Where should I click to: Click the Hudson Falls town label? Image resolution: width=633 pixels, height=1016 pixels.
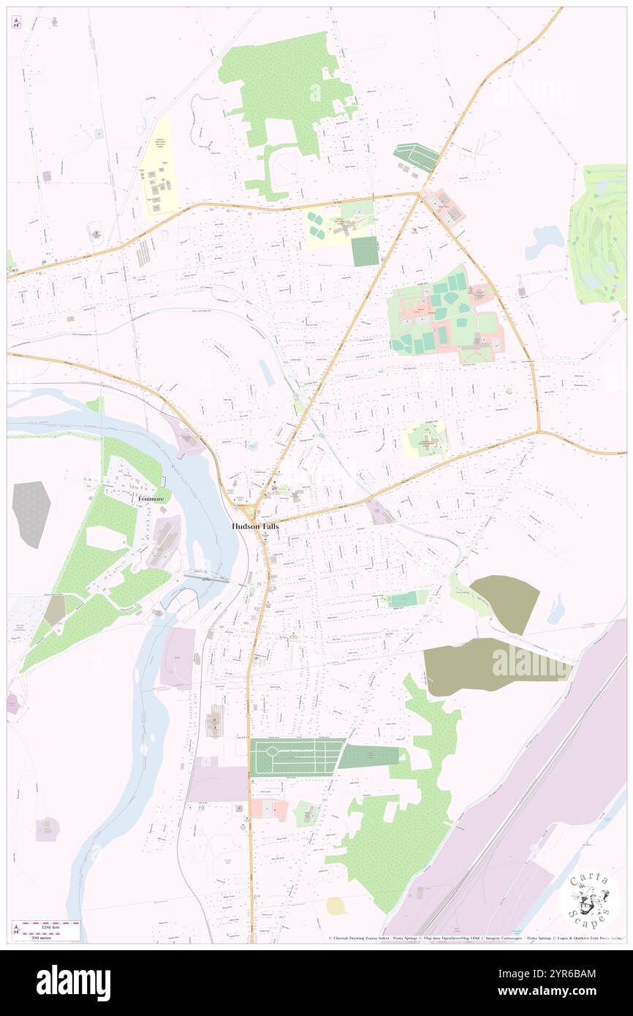(x=255, y=526)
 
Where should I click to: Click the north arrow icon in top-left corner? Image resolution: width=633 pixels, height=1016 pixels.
(x=16, y=23)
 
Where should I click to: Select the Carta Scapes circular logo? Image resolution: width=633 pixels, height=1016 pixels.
(x=589, y=898)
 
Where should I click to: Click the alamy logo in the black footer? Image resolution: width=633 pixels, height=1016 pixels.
(x=73, y=982)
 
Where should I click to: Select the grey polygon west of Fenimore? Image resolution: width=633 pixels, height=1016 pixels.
(x=31, y=514)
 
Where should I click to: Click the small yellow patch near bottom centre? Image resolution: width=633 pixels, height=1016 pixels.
(x=336, y=906)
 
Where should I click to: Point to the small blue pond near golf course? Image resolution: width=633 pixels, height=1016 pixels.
(x=545, y=241)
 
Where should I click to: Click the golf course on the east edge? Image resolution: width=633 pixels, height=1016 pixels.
(x=598, y=234)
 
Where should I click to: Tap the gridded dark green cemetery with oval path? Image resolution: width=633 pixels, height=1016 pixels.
(x=296, y=756)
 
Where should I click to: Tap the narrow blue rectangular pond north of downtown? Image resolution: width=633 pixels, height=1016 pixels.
(x=268, y=374)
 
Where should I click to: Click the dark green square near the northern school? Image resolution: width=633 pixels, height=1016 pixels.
(x=365, y=251)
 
